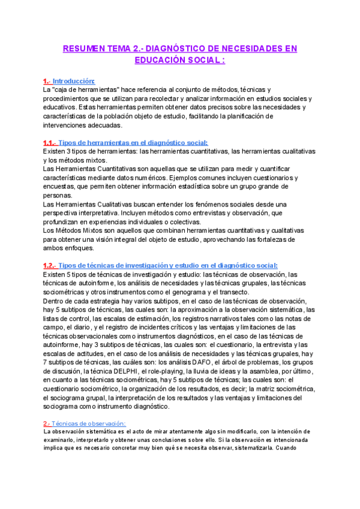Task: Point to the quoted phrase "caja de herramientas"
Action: coord(86,89)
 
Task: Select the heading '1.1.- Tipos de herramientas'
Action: coord(125,143)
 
